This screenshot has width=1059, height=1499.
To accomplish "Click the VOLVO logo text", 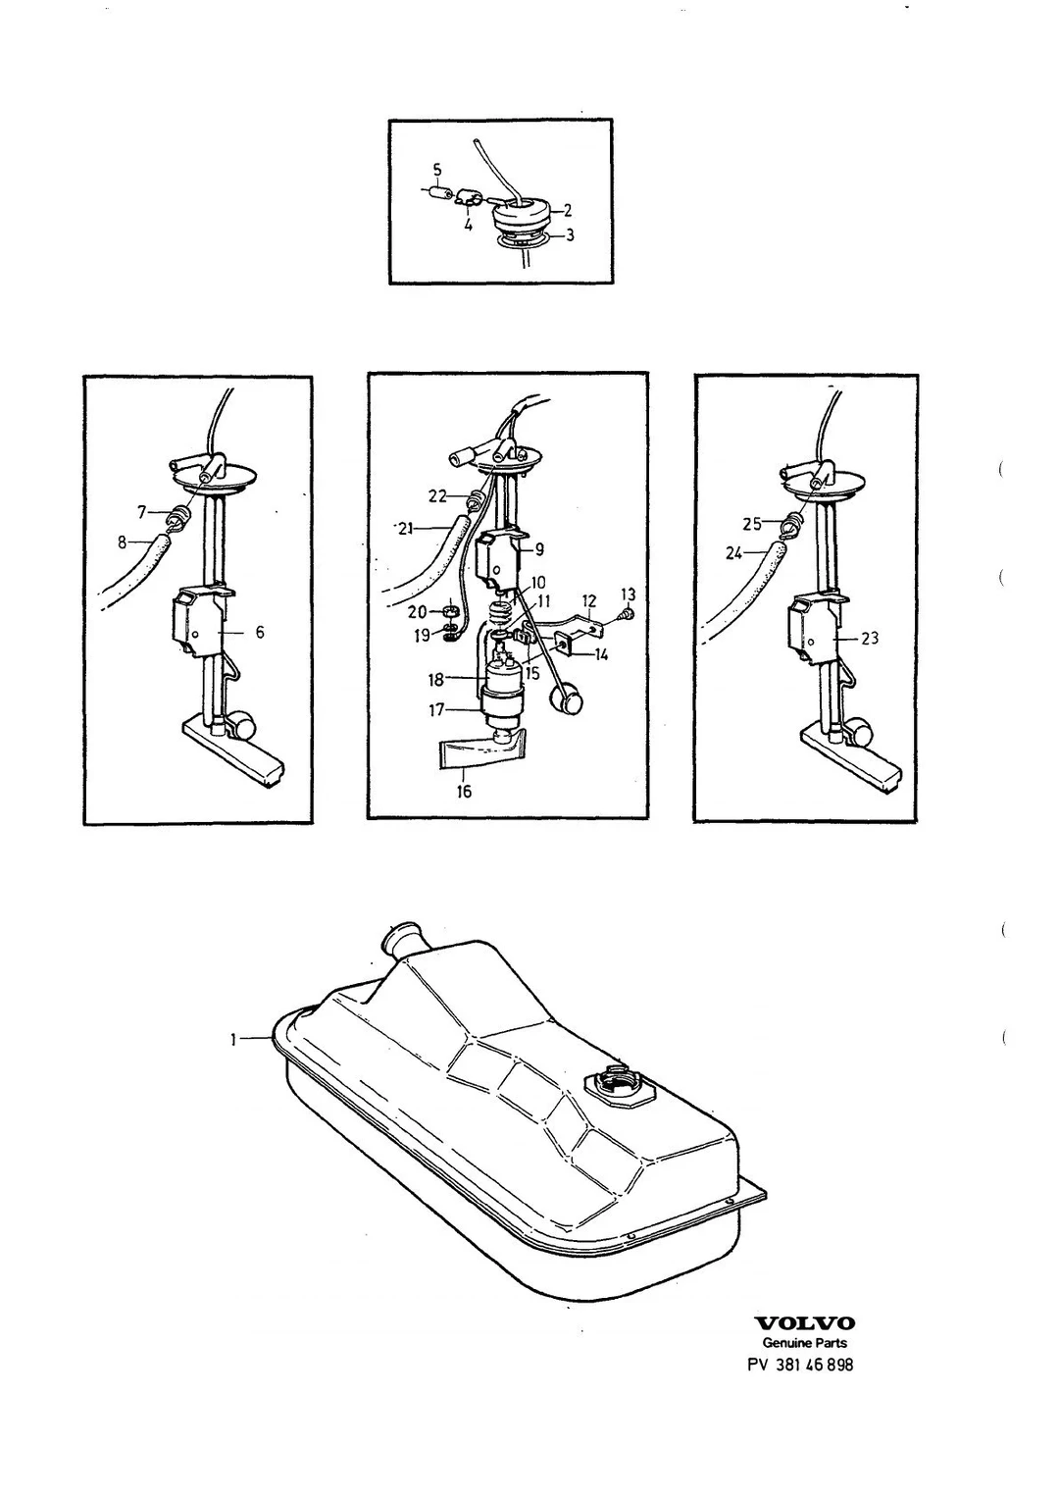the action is pos(805,1323).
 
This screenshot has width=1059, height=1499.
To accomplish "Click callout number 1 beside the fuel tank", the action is pos(233,1040).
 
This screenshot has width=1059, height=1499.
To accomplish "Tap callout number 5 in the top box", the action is pos(437,170).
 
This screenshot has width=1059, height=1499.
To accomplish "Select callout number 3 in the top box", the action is pos(569,234).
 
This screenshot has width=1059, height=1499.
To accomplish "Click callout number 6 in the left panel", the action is pos(260,632).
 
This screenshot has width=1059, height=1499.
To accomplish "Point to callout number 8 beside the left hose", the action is pos(122,543).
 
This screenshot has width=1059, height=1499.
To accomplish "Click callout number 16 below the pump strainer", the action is pos(464,792).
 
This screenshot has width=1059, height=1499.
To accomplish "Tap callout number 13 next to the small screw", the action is pos(629,594).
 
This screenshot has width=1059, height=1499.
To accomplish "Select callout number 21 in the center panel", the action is pos(406,529).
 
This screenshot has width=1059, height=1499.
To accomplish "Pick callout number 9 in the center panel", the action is pos(539,549).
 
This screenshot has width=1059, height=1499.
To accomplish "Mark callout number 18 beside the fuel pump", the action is pos(435,680).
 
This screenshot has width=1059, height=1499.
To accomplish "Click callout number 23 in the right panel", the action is pos(870,639).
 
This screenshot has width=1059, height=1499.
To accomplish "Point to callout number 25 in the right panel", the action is pos(753,524).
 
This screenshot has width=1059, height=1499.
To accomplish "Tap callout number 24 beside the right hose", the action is pos(733,553).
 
